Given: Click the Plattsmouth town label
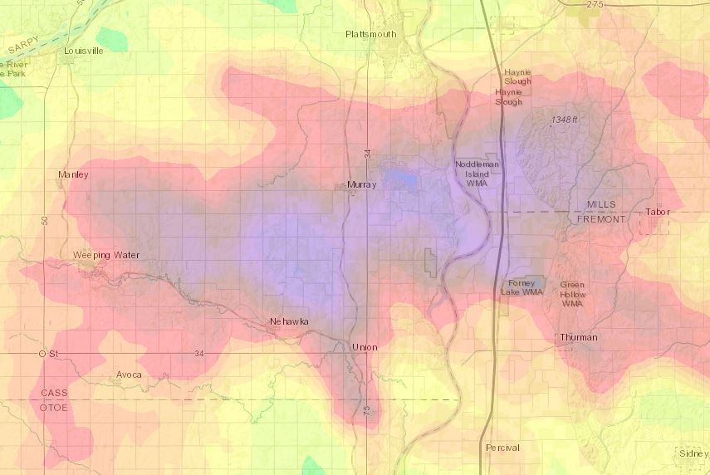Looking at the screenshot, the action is coord(370,34).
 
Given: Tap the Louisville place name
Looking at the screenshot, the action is coord(84,50).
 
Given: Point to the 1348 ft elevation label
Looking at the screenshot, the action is coord(563,120).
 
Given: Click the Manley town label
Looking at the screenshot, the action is coord(73,174).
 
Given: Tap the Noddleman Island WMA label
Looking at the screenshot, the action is coord(477,174).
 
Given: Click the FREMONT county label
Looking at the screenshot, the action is coord(605,219).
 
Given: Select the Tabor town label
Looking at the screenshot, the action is coord(657,212).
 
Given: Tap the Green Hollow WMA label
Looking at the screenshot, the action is coord(572,294).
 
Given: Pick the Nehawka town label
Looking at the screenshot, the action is coord(289,321).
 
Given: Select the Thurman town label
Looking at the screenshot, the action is coord(578,337).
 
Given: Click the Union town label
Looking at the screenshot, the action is coord(364,346).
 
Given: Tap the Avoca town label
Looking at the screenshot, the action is coord(129,375).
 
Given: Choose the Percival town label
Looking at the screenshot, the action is coord(502,448).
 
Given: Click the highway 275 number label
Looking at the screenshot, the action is coord(594,5).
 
